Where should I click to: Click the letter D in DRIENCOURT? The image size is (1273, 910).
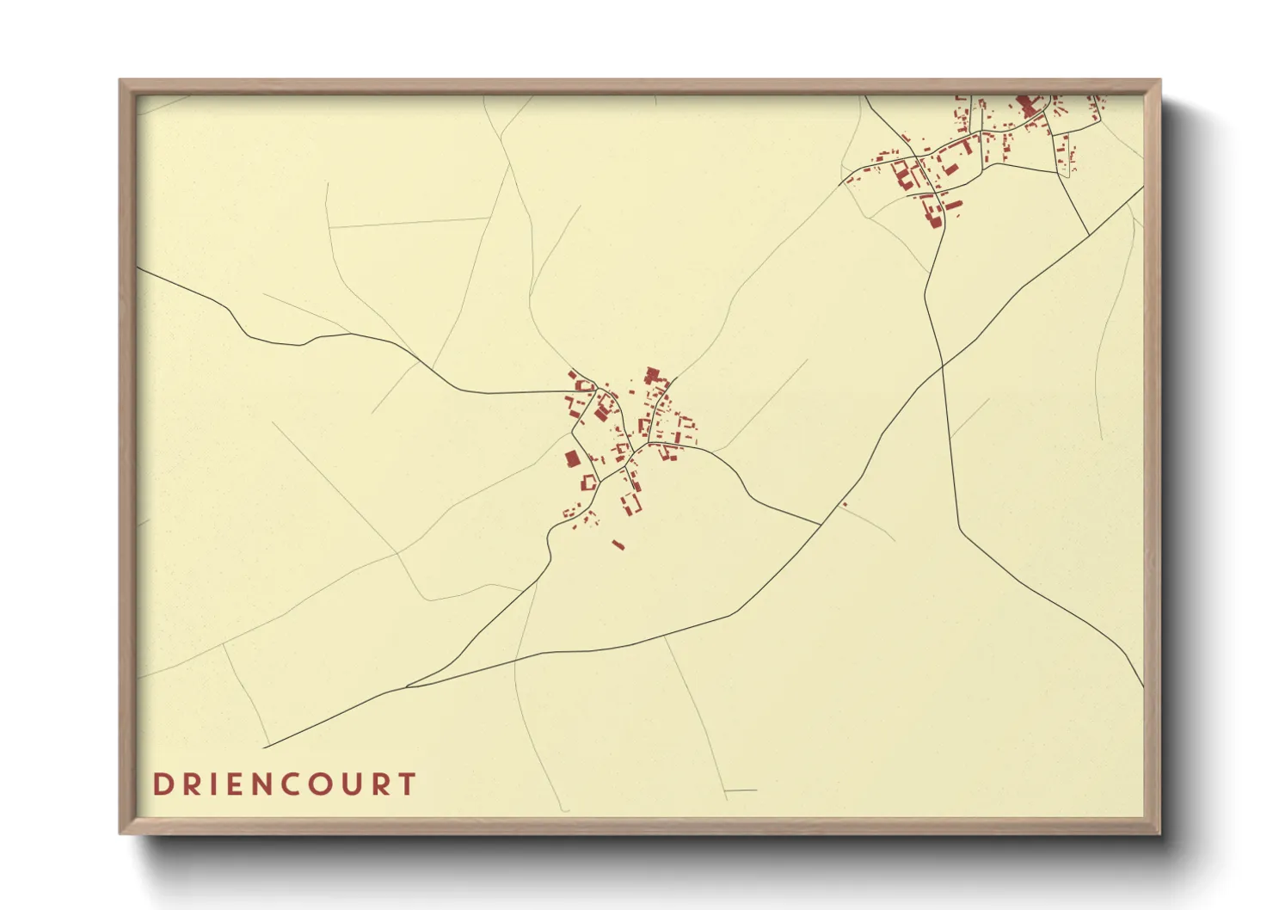[161, 784]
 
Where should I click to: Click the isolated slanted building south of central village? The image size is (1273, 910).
[618, 544]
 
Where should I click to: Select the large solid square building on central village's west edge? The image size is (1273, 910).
[572, 459]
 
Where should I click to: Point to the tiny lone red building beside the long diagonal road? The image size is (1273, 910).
[845, 504]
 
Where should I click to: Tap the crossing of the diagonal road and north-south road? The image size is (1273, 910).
[943, 366]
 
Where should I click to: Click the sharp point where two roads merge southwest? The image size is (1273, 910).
[407, 686]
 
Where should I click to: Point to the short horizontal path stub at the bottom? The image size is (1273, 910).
[741, 790]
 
